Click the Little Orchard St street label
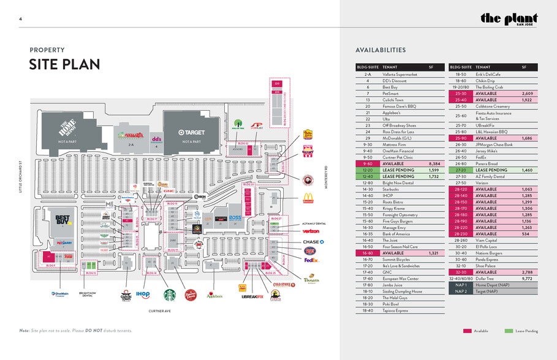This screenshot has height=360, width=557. click(20, 177)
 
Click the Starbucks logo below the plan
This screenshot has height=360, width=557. click(168, 294)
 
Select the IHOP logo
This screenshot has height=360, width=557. click(143, 294)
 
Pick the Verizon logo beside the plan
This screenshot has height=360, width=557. click(311, 231)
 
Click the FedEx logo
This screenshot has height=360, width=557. click(311, 260)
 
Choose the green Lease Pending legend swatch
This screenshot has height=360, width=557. click(509, 331)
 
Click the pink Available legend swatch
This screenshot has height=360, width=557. click(468, 331)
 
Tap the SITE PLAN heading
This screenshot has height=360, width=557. click(64, 64)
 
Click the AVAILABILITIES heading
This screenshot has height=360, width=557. click(380, 50)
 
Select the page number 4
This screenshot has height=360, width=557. click(20, 20)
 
